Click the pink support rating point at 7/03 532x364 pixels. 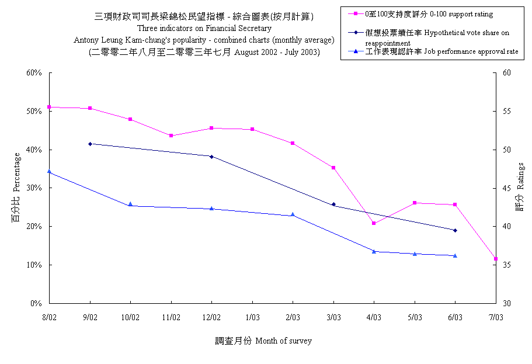(x=495, y=258)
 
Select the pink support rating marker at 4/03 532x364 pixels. (x=374, y=223)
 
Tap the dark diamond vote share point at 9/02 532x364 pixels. (x=90, y=144)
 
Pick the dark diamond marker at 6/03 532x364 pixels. (x=455, y=230)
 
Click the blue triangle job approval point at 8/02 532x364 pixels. (x=50, y=171)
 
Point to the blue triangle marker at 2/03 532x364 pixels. (x=293, y=214)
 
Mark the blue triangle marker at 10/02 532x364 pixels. (x=130, y=204)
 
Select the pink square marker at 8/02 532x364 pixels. (x=50, y=107)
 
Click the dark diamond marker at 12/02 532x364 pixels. (x=211, y=157)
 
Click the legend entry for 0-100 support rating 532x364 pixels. (x=429, y=13)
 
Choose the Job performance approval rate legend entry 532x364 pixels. (x=441, y=52)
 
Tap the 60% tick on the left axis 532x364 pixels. (x=34, y=73)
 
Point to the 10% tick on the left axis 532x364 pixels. (x=34, y=265)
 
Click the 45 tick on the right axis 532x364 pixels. (x=506, y=188)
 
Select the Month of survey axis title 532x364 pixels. (x=263, y=341)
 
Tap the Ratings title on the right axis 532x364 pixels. (x=520, y=195)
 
